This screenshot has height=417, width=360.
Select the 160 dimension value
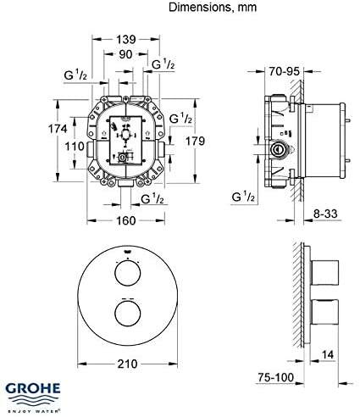click(127, 221)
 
